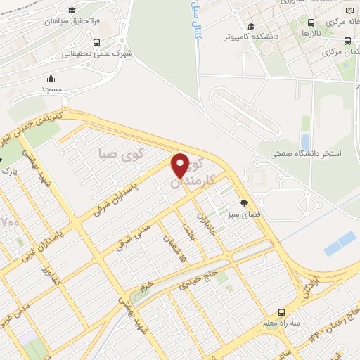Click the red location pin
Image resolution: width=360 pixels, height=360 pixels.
coord(180,165)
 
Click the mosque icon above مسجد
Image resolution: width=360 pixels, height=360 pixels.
coord(51,78)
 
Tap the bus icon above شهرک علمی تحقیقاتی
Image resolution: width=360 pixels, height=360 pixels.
coord(96,42)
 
